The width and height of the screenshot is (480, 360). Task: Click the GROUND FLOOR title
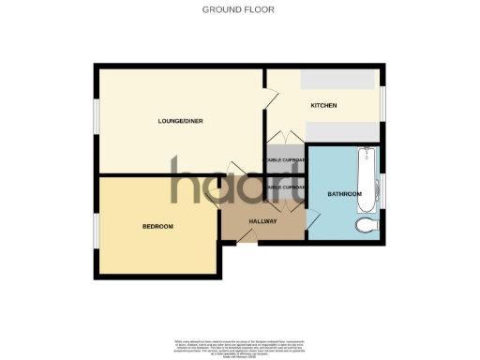click(231, 9)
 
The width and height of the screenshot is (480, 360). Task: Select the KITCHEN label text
click(323, 105)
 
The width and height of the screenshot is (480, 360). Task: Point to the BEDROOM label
click(157, 226)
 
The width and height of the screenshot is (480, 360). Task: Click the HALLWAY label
click(262, 221)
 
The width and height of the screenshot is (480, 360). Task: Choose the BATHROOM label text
click(344, 194)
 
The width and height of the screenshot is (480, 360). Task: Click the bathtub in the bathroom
click(366, 177)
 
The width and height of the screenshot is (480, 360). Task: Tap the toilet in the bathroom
click(367, 224)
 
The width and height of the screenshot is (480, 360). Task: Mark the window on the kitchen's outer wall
click(382, 101)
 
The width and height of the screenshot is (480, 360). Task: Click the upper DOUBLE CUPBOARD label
click(285, 160)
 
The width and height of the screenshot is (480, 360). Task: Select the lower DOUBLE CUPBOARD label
click(285, 187)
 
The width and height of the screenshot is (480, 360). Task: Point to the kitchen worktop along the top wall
click(339, 80)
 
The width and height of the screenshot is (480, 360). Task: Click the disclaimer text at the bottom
click(240, 344)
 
